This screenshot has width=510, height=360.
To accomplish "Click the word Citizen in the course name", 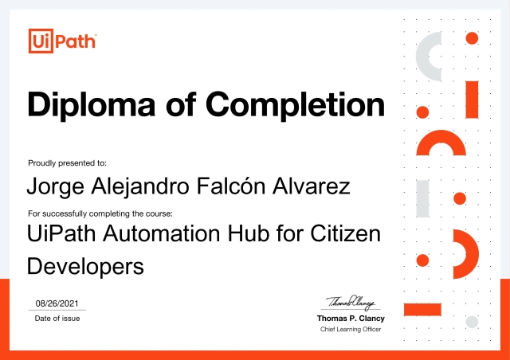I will tap(344, 234).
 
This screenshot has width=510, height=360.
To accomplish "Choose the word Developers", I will tap(85, 265).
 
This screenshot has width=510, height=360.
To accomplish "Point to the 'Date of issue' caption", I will tap(57, 319).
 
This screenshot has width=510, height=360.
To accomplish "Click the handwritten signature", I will tap(351, 302).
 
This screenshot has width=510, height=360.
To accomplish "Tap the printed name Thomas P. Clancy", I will tap(351, 319).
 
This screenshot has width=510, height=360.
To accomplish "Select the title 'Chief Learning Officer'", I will tap(351, 329).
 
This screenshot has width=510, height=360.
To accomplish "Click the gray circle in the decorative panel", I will tap(472, 321).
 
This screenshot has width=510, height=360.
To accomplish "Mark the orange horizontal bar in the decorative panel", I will tap(430, 308).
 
